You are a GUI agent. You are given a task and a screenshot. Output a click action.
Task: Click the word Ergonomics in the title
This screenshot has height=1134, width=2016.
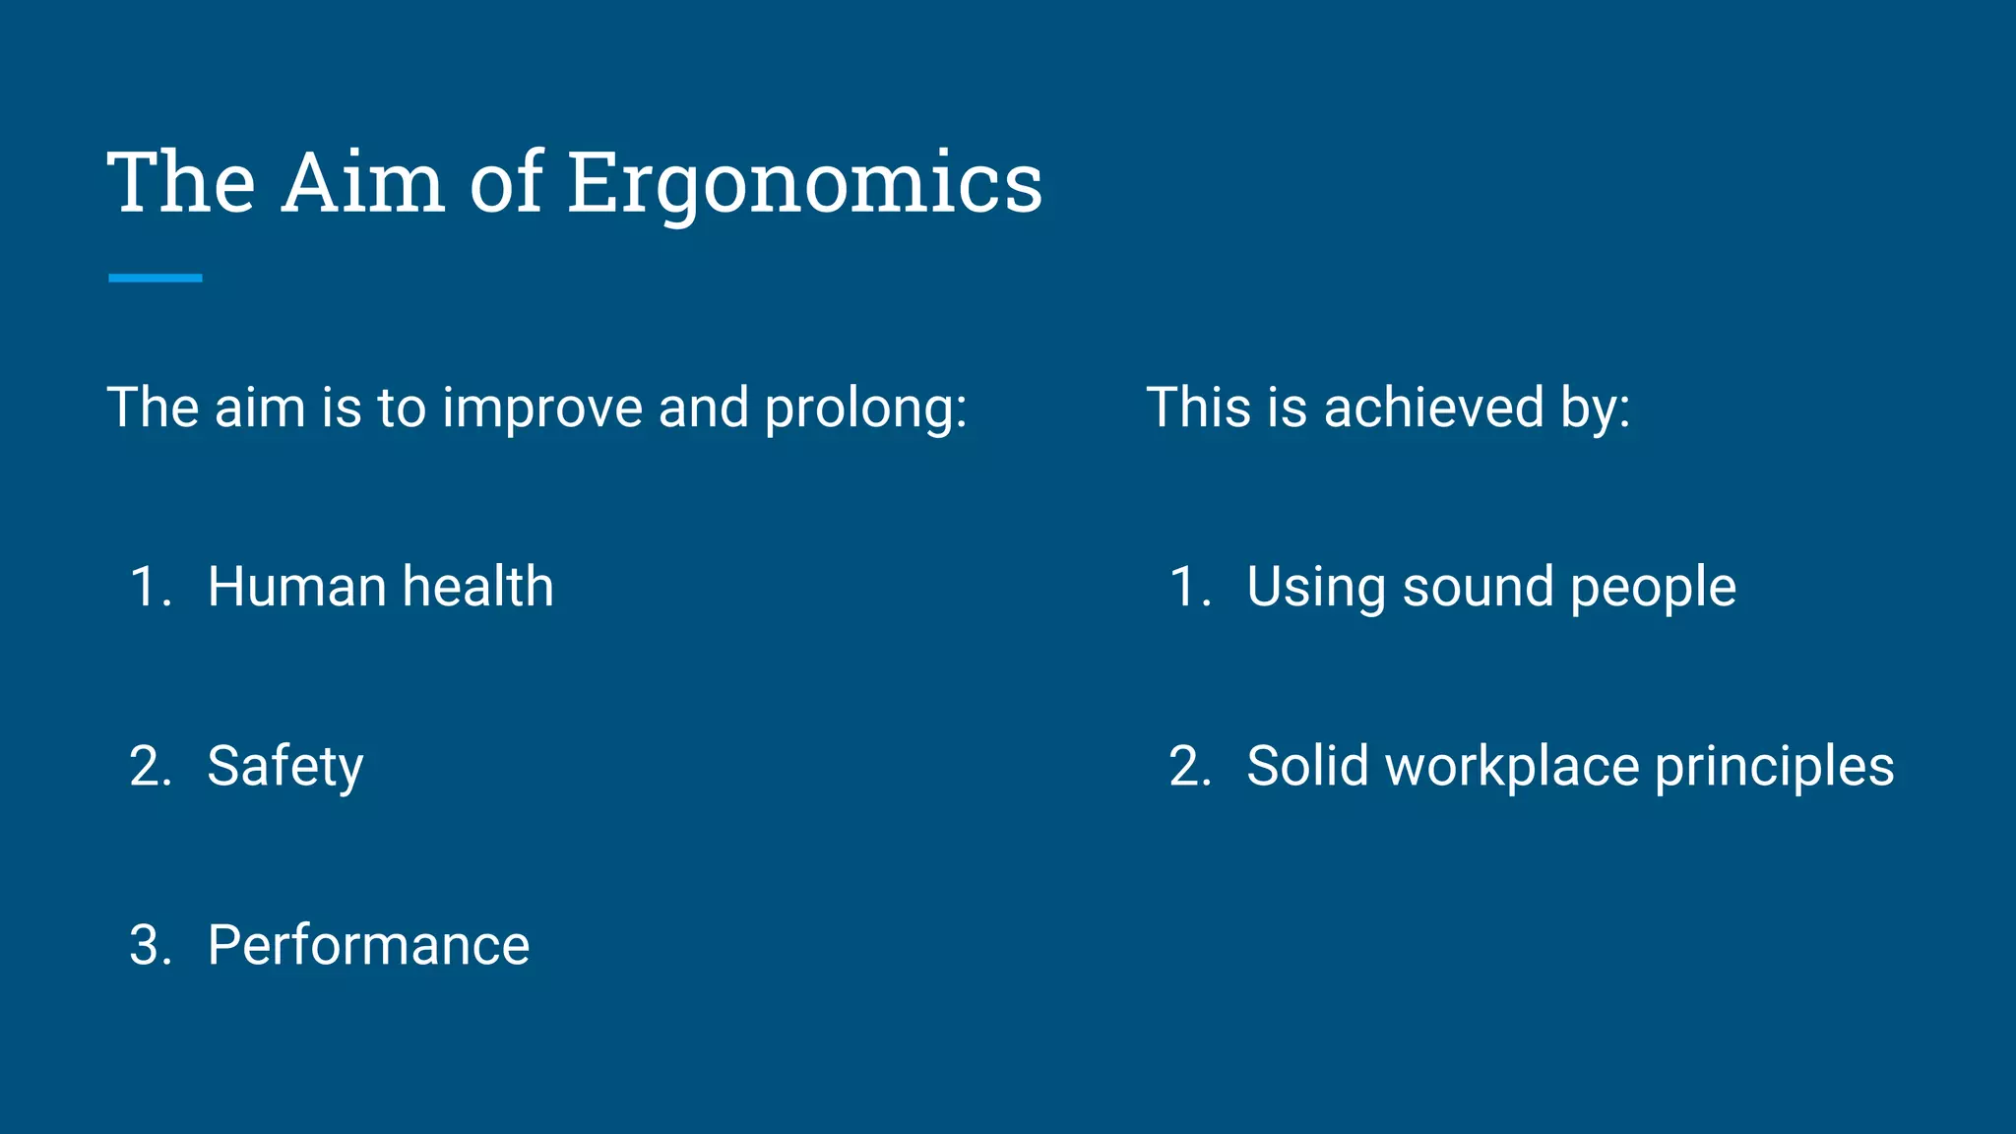point(804,184)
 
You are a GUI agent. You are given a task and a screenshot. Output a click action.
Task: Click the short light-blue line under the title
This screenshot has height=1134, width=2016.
point(156,279)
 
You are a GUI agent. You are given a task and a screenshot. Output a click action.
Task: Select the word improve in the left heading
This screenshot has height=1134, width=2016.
point(542,409)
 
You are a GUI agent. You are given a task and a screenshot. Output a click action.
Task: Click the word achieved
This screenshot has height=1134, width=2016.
point(1434,408)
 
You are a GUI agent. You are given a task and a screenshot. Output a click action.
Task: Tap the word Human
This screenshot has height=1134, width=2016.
point(296,587)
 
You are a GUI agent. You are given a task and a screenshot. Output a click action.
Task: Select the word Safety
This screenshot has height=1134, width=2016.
point(284,768)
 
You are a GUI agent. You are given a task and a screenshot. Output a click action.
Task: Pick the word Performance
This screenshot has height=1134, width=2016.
point(368,946)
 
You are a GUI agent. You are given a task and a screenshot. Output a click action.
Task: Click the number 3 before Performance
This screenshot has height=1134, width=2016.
point(146,946)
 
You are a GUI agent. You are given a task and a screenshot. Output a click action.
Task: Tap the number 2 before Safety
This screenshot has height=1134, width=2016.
point(146,767)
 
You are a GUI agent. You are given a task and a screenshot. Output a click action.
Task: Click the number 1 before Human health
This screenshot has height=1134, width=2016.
point(146,588)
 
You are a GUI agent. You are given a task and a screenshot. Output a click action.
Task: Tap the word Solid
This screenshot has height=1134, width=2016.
point(1307,767)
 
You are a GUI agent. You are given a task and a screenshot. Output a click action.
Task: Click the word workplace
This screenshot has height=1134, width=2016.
point(1512,768)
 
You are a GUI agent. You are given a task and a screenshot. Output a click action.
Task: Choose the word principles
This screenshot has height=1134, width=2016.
point(1774,768)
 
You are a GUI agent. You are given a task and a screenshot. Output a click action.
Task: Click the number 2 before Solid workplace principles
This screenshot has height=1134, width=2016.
point(1185,767)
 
